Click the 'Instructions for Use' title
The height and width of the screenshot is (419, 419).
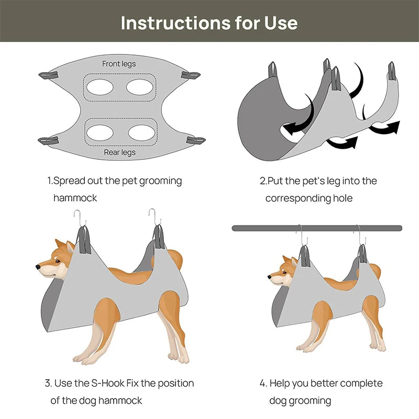(209, 23)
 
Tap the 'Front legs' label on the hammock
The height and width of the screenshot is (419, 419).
(119, 64)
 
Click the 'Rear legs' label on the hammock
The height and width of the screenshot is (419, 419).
(119, 152)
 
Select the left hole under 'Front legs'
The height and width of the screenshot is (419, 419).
(100, 86)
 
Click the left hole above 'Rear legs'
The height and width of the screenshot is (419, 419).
(100, 133)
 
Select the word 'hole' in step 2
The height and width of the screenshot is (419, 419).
(342, 198)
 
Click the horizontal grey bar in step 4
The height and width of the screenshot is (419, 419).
(317, 228)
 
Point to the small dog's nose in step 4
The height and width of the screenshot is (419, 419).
(270, 274)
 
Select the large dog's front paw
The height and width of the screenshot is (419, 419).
(84, 359)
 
